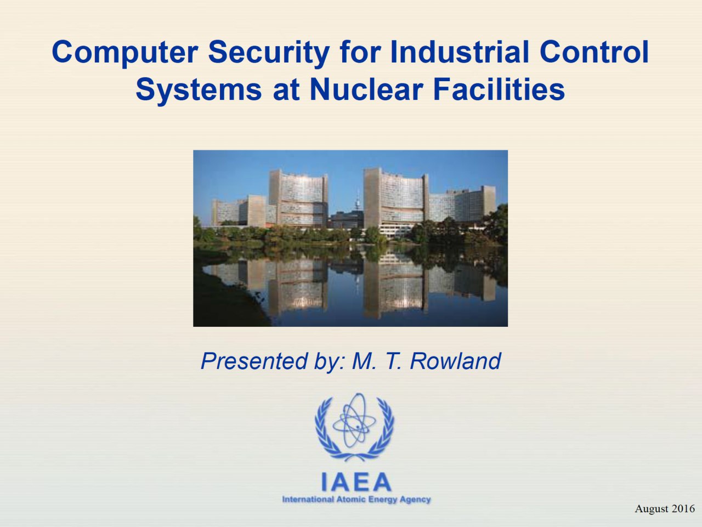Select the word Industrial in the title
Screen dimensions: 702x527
pyautogui.click(x=460, y=52)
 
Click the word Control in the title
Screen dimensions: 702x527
pyautogui.click(x=594, y=52)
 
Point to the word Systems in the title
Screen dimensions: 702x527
pyautogui.click(x=199, y=90)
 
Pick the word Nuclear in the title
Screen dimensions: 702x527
pyautogui.click(x=366, y=89)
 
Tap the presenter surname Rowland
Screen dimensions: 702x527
pyautogui.click(x=455, y=361)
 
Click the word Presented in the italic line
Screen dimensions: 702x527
pyautogui.click(x=254, y=361)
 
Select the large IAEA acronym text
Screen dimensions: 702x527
pyautogui.click(x=356, y=482)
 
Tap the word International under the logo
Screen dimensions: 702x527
pyautogui.click(x=308, y=499)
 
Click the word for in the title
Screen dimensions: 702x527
pyautogui.click(x=360, y=52)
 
